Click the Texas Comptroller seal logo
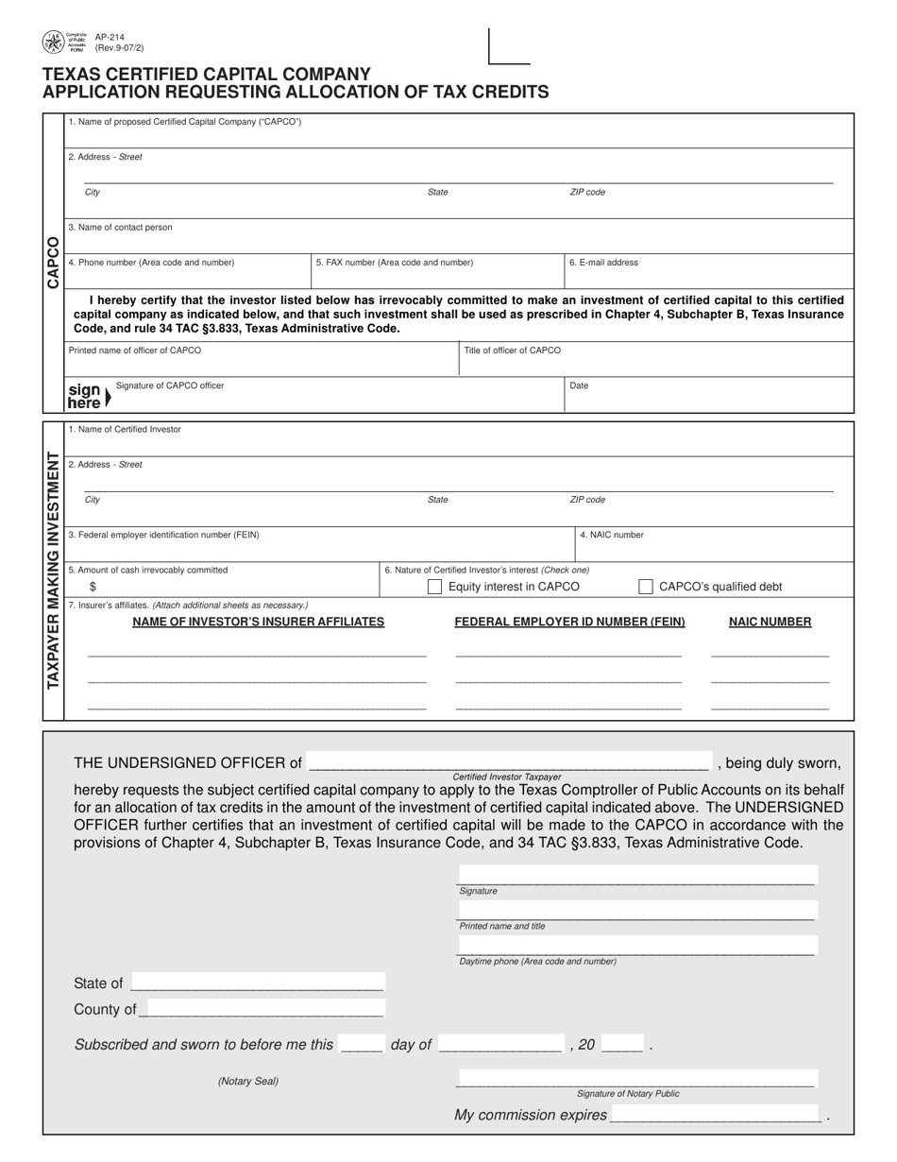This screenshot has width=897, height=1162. point(53,42)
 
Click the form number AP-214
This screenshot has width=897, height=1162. point(110,38)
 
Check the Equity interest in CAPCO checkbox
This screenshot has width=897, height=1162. point(435,587)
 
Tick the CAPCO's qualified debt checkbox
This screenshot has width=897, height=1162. point(646,587)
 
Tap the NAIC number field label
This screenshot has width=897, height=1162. point(612,535)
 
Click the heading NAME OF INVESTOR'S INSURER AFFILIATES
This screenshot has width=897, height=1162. point(258,622)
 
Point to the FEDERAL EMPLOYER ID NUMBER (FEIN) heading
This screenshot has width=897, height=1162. point(569,622)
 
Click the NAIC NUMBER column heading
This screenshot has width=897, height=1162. point(770,622)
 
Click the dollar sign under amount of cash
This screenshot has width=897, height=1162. point(93,587)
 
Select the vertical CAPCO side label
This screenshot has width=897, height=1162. point(53,262)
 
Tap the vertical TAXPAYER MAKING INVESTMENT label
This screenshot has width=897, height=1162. point(53,571)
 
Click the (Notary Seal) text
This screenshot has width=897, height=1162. point(248,1081)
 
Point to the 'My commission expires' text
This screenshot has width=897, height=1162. point(531,1116)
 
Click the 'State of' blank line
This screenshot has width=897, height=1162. point(258,983)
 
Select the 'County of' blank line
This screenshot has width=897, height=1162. point(262,1009)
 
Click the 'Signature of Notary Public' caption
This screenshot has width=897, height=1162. point(628,1093)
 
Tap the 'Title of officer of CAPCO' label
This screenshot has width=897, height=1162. point(512,350)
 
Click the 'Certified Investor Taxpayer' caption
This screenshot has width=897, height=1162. point(507,777)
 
